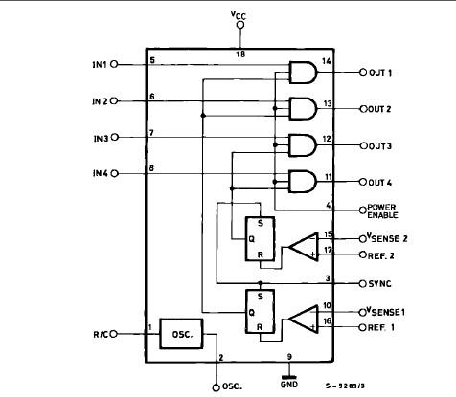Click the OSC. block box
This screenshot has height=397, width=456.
coord(183,334)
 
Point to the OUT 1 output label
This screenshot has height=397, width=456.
coord(383,73)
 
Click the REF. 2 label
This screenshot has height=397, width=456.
coord(383,255)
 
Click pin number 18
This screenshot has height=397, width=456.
coord(240,55)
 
